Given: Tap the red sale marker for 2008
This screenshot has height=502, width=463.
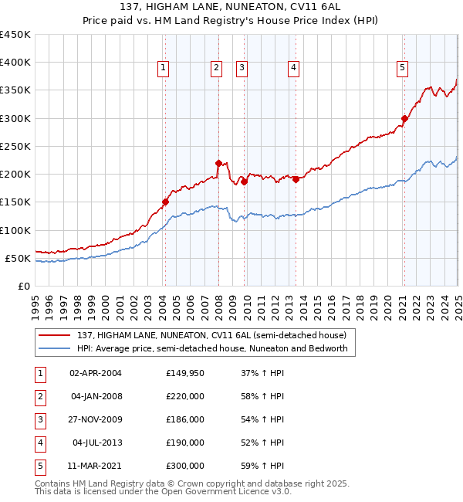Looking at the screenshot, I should point(218,163).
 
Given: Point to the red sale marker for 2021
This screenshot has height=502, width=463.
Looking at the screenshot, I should point(404,118).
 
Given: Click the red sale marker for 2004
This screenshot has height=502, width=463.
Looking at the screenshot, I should point(165,202).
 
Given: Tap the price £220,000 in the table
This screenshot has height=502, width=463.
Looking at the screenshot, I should point(184,396).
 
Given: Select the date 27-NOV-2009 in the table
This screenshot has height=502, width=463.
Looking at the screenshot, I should point(96,419).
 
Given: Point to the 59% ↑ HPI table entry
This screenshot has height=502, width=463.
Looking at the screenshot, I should point(267,466).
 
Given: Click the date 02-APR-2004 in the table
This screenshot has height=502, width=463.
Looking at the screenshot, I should point(96,373).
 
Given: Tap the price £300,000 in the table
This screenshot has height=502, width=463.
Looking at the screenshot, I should point(184,466).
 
